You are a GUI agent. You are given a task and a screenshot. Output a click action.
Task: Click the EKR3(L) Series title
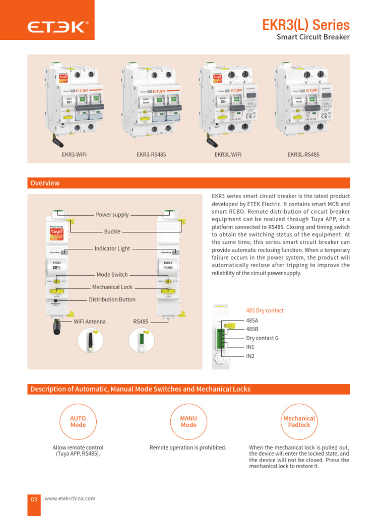coord(306,25)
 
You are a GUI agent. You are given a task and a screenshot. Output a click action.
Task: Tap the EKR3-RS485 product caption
coord(151,155)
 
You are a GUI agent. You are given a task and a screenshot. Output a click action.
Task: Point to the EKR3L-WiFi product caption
coord(228,155)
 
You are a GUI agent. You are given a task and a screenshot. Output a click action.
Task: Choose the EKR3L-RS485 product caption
coord(303,155)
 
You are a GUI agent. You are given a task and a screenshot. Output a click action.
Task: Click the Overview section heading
coord(45,183)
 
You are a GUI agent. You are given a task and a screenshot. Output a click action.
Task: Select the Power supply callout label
coord(112,215)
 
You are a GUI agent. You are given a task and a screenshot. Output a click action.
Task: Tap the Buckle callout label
coord(112,232)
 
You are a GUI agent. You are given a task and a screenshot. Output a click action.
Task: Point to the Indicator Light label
coord(112,248)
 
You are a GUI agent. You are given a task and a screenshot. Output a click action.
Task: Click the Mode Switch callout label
coord(112,275)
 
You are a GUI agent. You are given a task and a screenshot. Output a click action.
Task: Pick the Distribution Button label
coord(112,300)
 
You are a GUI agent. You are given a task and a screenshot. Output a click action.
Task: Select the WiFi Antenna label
coord(90,321)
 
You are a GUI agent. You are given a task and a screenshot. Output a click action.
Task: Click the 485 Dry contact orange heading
coord(265,310)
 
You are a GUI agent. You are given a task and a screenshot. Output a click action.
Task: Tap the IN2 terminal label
coord(250,356)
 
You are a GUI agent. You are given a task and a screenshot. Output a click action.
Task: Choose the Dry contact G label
coord(262,338)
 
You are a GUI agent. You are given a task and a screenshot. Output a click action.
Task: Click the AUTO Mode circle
coord(78,422)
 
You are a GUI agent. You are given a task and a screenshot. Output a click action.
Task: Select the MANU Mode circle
coord(188,422)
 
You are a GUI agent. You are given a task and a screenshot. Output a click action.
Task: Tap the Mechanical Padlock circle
coord(299,422)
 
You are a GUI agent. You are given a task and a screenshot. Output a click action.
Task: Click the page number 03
coord(34,499)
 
